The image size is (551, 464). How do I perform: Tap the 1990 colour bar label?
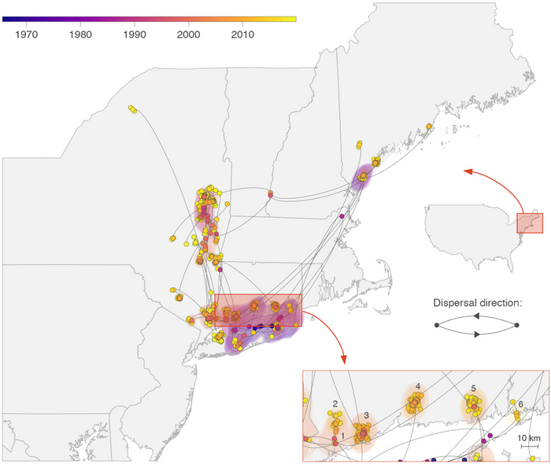click(x=134, y=35)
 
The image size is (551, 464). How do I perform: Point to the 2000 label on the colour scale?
click(x=187, y=35)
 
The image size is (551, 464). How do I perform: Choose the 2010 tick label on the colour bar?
click(x=242, y=35)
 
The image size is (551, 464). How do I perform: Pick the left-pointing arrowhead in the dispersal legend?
click(x=476, y=315)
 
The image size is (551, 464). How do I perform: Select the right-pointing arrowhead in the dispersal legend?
click(x=475, y=334)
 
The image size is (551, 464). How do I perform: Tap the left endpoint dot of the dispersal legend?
click(x=437, y=325)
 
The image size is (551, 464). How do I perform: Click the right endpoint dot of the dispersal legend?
click(x=516, y=325)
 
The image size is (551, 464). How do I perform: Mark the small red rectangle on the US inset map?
click(x=529, y=223)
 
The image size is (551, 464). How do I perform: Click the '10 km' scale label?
click(x=527, y=437)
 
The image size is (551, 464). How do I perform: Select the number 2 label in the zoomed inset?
click(x=335, y=404)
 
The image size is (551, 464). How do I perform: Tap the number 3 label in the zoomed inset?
click(x=367, y=414)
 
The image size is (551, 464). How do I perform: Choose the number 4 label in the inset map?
click(x=418, y=386)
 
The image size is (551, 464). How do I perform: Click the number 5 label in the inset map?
click(x=474, y=389)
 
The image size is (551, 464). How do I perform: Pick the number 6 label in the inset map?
click(x=520, y=403)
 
